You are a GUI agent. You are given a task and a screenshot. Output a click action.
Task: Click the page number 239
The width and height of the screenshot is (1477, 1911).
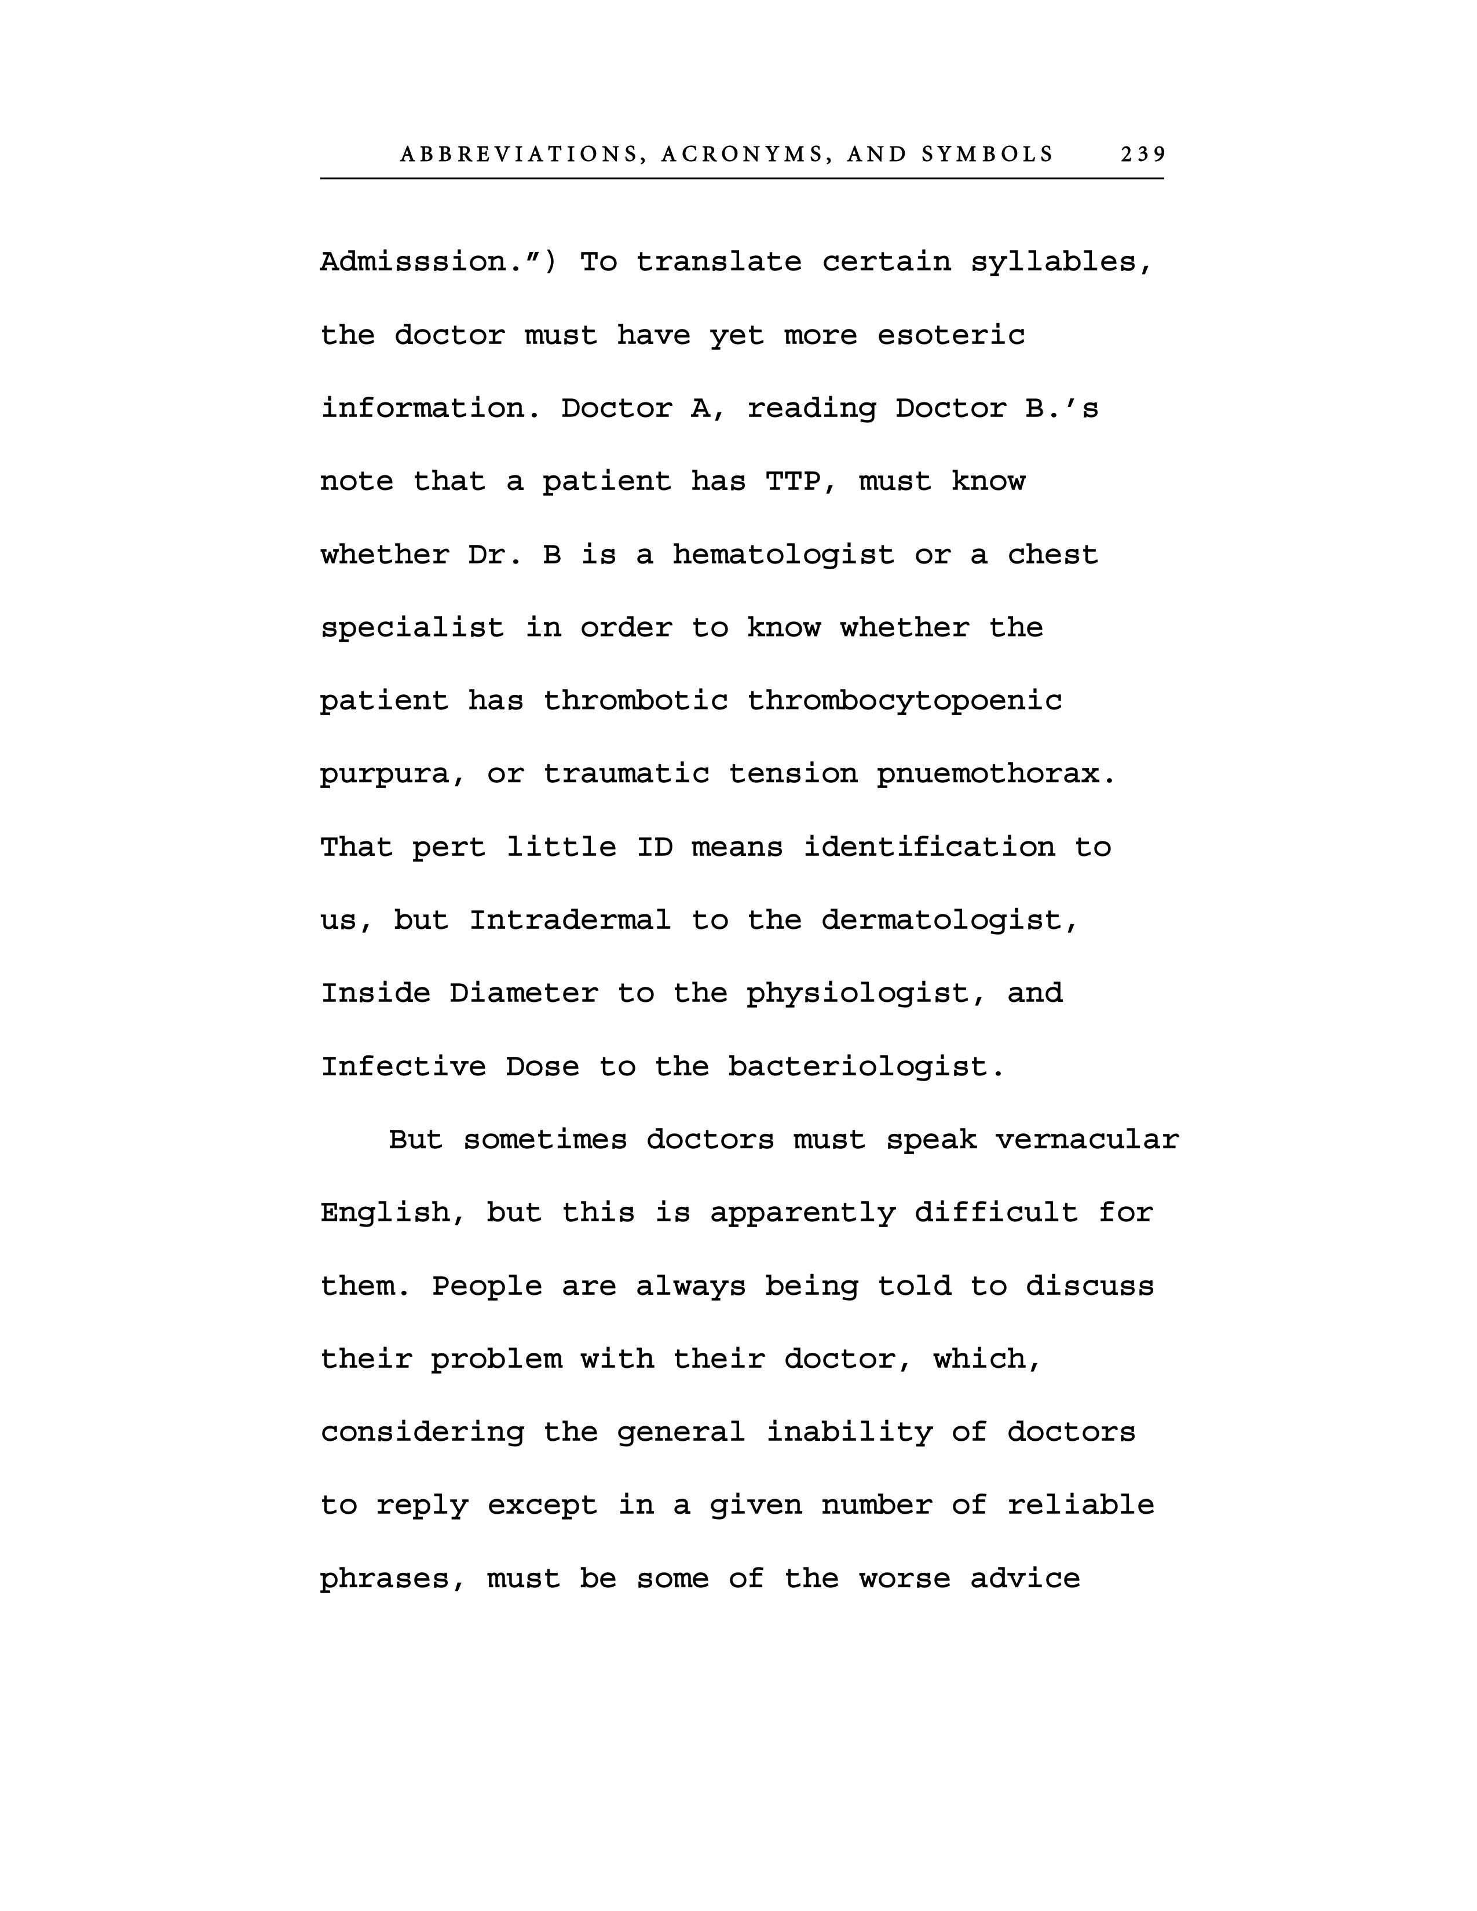pos(1143,155)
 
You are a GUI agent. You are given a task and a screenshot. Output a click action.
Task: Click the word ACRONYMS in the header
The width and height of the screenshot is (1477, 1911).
pos(742,155)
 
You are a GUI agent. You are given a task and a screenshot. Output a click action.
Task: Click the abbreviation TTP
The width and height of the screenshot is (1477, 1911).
pos(793,481)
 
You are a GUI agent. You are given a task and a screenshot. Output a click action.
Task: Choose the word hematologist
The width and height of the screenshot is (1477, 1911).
pos(783,555)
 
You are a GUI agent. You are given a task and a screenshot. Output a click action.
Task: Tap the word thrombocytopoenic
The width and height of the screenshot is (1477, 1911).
pos(904,701)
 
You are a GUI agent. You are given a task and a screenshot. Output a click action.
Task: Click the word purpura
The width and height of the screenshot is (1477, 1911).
pos(393,774)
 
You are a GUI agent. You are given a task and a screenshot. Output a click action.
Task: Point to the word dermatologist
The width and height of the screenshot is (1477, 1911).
pos(949,921)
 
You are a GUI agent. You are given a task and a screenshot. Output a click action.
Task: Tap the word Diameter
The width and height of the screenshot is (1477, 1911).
pos(523,993)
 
